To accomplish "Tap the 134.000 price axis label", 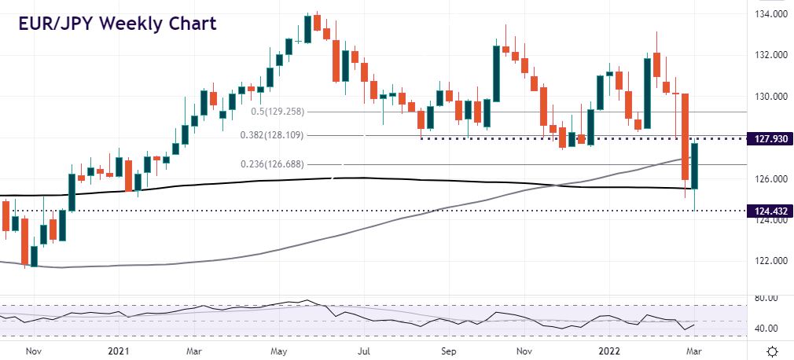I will pos(766,14).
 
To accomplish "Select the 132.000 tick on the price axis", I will pos(766,55).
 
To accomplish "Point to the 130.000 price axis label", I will pos(766,97).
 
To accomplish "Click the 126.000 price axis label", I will pos(766,178).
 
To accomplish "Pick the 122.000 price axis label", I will pos(766,261).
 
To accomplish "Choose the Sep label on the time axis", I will pos(448,351).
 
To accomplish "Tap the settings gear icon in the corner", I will pos(773,351).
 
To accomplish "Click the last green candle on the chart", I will pos(695,166).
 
